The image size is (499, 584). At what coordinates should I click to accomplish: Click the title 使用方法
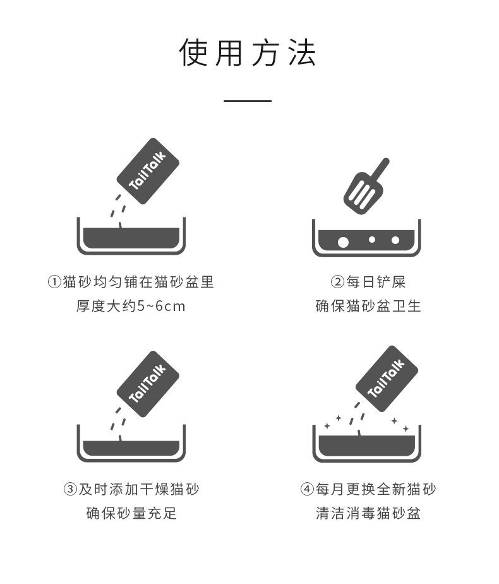tap(248, 52)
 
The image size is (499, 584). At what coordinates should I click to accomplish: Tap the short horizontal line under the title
tap(248, 100)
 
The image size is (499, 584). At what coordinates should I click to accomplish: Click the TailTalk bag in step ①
tap(148, 171)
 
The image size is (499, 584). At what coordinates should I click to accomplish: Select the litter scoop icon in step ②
tap(366, 186)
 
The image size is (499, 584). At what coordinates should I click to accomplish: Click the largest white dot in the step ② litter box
tap(343, 243)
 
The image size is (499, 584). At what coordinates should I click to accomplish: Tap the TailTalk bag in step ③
tap(148, 384)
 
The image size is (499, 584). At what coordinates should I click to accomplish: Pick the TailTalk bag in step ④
tap(387, 379)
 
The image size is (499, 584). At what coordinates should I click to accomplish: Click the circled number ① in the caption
tap(54, 282)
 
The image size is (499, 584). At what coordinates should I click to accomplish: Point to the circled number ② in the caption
tap(337, 282)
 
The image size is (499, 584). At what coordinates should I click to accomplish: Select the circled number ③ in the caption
tap(70, 489)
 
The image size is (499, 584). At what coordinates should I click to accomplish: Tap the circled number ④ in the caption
tap(307, 489)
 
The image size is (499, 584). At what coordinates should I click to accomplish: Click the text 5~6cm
tap(161, 306)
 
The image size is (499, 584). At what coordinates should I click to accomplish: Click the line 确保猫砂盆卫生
tap(368, 306)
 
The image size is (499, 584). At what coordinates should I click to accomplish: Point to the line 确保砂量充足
tap(131, 513)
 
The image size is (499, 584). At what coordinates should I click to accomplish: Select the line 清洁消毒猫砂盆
tap(368, 513)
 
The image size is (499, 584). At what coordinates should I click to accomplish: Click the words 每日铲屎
tap(376, 282)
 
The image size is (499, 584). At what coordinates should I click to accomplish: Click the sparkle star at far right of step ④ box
tap(406, 429)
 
